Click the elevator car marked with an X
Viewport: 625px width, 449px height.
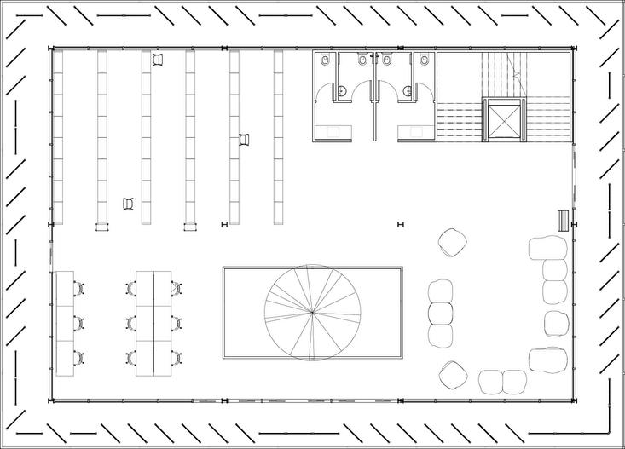(x=501, y=118)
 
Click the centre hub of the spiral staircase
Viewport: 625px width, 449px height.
(x=314, y=313)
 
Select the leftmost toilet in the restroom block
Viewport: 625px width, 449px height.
(x=325, y=60)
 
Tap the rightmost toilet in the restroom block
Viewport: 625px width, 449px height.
(x=424, y=60)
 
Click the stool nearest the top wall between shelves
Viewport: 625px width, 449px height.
(x=158, y=59)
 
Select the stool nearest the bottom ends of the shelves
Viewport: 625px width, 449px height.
(x=129, y=203)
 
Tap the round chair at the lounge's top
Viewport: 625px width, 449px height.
(x=453, y=242)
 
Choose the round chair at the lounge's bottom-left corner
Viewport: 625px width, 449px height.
(x=453, y=373)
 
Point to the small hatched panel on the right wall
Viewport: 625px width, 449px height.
(x=561, y=220)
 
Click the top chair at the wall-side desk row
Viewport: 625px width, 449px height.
(x=79, y=289)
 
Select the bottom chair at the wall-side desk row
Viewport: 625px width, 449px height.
(x=79, y=357)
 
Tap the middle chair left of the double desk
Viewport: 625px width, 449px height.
(x=131, y=323)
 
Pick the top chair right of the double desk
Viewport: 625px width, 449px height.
(x=176, y=289)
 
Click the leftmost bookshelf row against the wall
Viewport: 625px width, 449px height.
(x=59, y=136)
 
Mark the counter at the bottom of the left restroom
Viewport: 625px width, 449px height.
(x=333, y=130)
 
